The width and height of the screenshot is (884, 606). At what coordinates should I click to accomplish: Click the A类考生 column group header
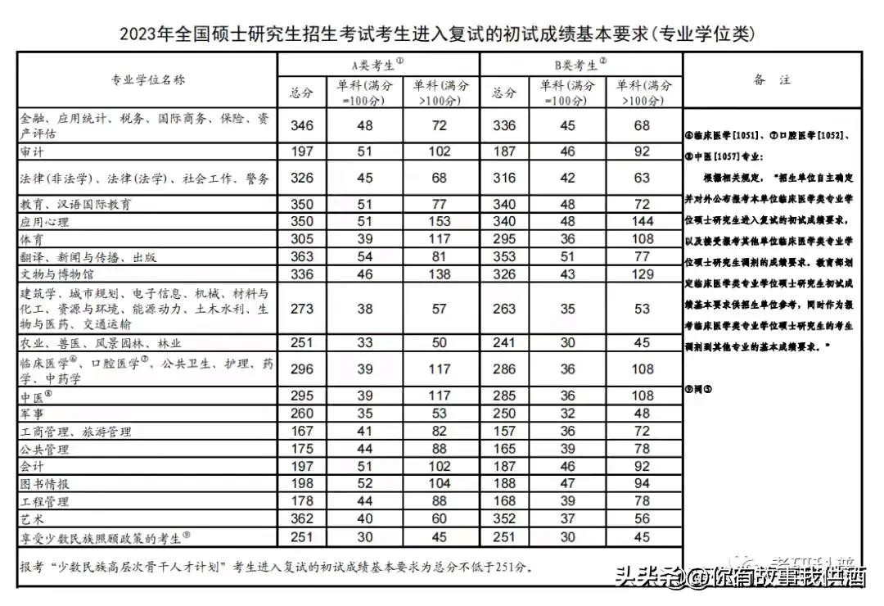(377, 64)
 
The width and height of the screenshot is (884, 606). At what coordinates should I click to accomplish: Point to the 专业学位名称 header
(148, 79)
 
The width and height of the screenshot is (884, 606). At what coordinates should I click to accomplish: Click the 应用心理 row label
(46, 221)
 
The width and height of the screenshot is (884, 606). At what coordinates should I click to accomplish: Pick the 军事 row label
(33, 414)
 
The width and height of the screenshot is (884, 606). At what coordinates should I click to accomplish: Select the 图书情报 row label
(46, 483)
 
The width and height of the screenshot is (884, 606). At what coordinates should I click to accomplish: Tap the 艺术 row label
(33, 518)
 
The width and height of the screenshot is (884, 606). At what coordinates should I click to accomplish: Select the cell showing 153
(440, 221)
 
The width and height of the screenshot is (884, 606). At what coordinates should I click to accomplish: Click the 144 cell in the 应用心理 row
(642, 221)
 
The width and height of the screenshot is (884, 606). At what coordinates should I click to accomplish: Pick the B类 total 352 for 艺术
(504, 518)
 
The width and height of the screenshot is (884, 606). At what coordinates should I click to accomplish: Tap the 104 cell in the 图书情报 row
(440, 483)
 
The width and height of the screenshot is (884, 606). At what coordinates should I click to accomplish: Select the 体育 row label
(33, 239)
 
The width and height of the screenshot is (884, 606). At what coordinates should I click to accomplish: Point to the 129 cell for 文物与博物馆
(642, 274)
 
